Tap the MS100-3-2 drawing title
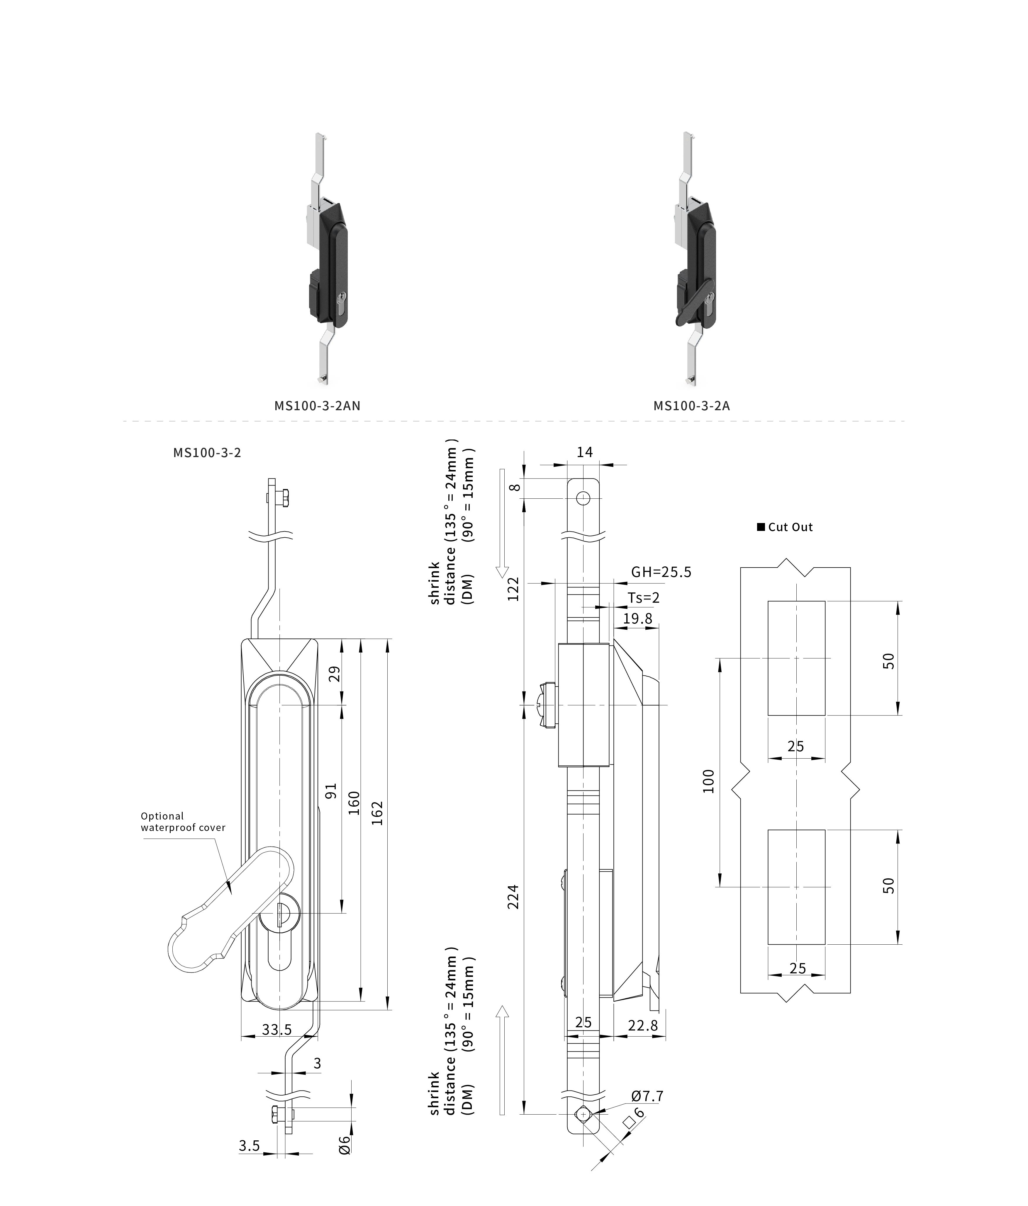click(207, 452)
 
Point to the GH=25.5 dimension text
click(661, 572)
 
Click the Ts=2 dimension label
click(643, 598)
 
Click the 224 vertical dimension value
click(513, 896)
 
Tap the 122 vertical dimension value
click(513, 589)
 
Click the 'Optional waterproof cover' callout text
click(182, 822)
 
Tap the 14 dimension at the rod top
click(584, 452)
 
